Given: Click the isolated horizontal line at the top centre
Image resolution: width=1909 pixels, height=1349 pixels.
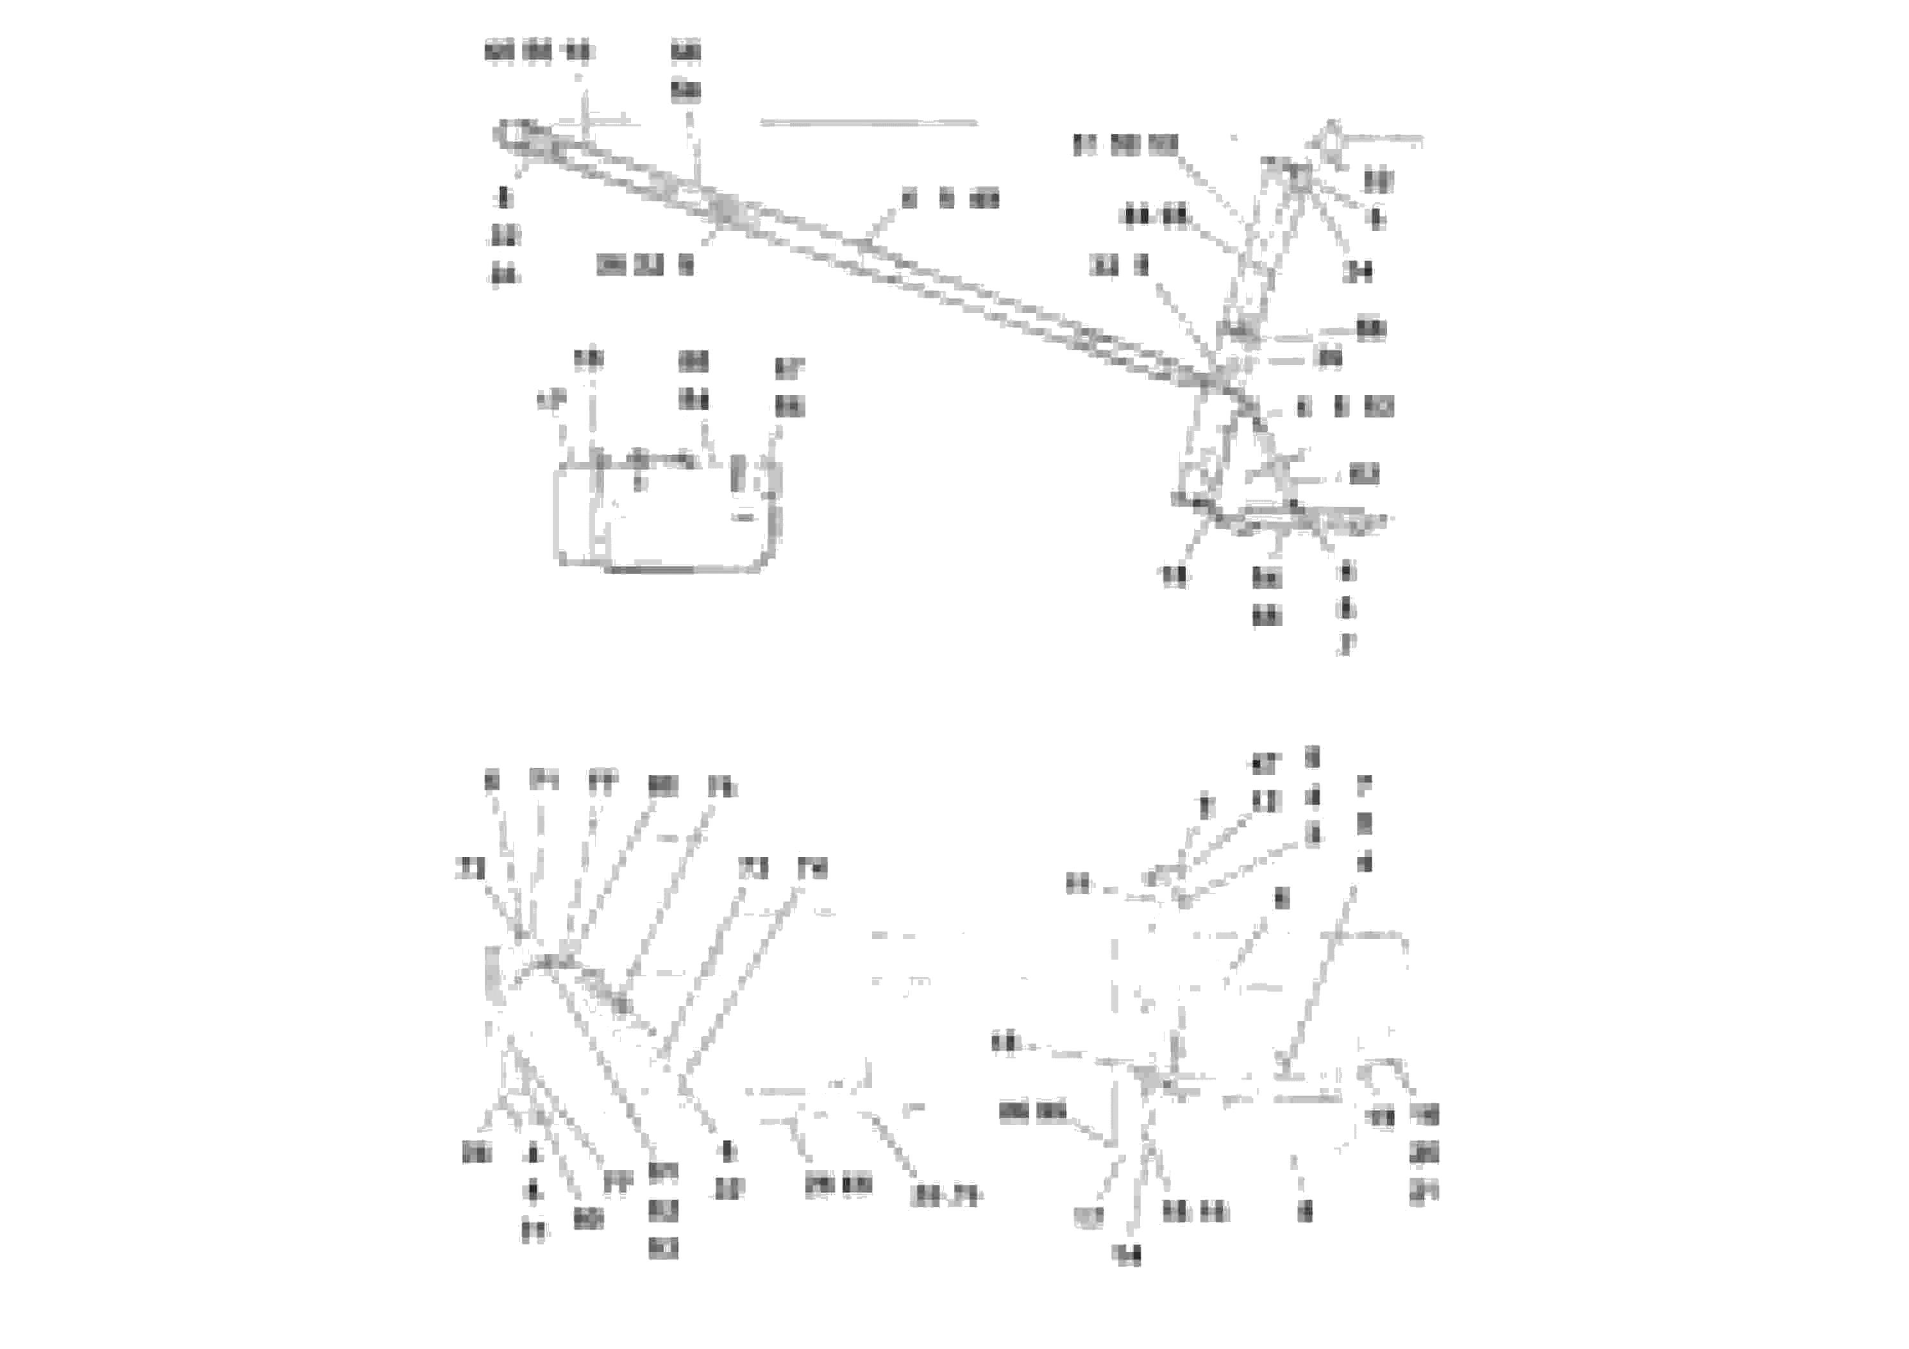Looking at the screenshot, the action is pyautogui.click(x=868, y=123).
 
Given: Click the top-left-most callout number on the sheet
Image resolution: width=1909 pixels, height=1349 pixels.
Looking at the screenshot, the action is pyautogui.click(x=499, y=51).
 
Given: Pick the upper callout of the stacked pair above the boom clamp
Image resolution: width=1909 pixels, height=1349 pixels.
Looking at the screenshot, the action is pyautogui.click(x=686, y=51).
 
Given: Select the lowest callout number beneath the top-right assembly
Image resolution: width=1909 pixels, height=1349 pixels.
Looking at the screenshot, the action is pyautogui.click(x=1346, y=645).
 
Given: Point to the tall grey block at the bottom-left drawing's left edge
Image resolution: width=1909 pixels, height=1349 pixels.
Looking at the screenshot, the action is pyautogui.click(x=493, y=973).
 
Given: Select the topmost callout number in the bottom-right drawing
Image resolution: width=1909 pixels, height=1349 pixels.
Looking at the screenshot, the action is pyautogui.click(x=1313, y=757).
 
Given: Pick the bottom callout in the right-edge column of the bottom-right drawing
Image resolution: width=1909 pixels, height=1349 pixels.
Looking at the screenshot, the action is pyautogui.click(x=1424, y=1194).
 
